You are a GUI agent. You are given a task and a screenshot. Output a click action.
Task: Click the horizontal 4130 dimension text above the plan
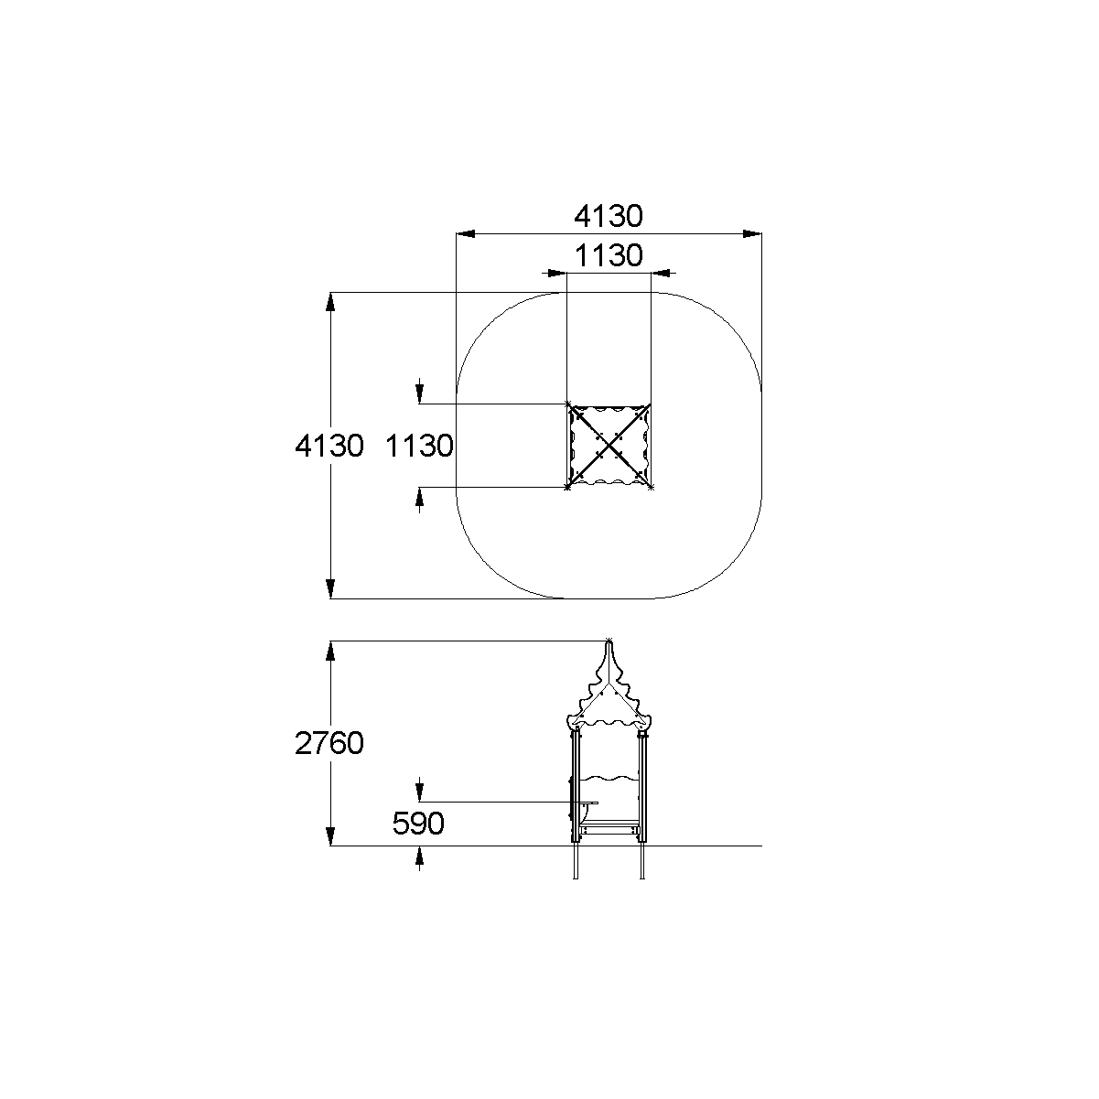pyautogui.click(x=608, y=217)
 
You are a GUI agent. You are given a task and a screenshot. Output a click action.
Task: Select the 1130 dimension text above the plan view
pyautogui.click(x=608, y=255)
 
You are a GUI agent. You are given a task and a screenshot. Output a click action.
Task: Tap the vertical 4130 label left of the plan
pyautogui.click(x=329, y=446)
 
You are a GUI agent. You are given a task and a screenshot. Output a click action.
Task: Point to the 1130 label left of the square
pyautogui.click(x=420, y=446)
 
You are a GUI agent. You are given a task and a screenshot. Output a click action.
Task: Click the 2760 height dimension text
pyautogui.click(x=329, y=743)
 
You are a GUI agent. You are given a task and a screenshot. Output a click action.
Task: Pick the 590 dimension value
pyautogui.click(x=418, y=823)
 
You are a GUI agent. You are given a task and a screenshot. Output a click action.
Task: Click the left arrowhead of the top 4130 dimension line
pyautogui.click(x=466, y=234)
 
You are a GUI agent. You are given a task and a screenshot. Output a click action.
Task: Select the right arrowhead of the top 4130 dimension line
pyautogui.click(x=752, y=234)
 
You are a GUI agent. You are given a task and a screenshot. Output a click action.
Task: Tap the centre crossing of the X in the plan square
pyautogui.click(x=609, y=446)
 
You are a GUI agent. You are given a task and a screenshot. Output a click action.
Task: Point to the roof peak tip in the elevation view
pyautogui.click(x=609, y=641)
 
